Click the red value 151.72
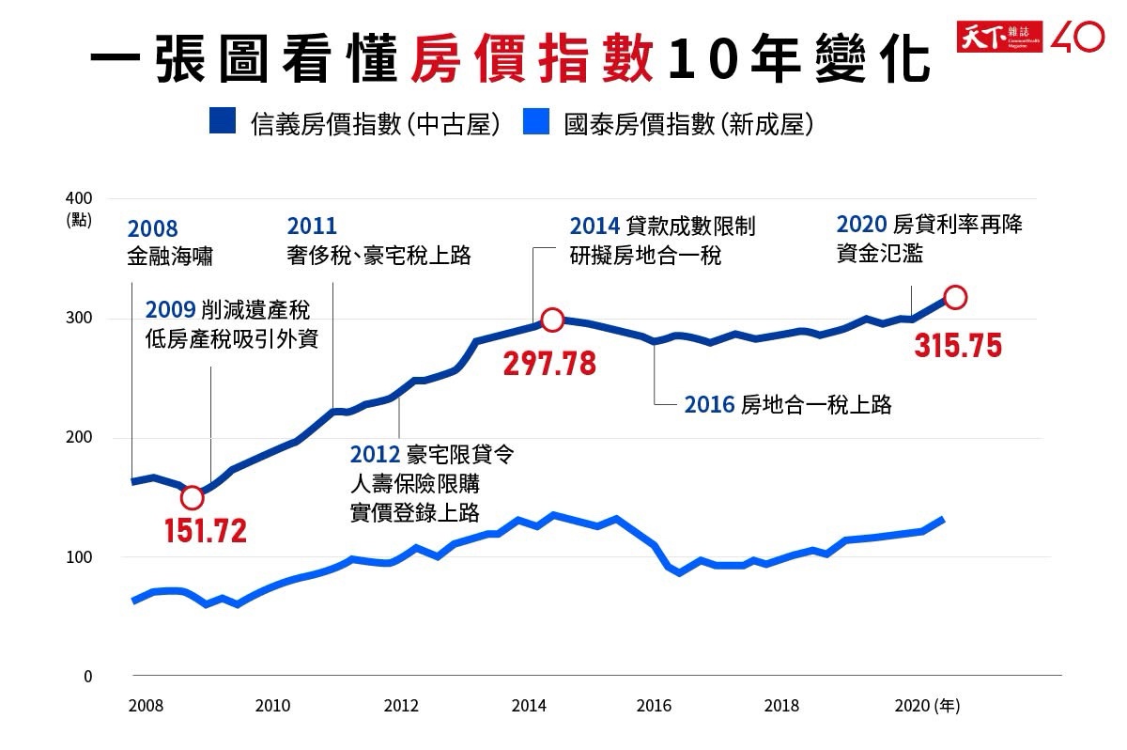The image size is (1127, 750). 206,531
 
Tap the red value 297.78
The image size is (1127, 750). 549,364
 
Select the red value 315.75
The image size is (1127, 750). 958,345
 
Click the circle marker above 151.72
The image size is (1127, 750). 192,497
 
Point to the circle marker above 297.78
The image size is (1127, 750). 552,320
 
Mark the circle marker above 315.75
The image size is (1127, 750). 955,297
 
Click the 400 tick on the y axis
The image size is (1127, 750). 79,198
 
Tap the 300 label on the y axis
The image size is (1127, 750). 79,318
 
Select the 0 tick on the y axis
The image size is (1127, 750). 86,677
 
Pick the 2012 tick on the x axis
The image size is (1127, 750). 401,706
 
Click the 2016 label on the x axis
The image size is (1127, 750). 654,706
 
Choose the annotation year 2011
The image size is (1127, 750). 312,227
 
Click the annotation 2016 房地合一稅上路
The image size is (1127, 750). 787,405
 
